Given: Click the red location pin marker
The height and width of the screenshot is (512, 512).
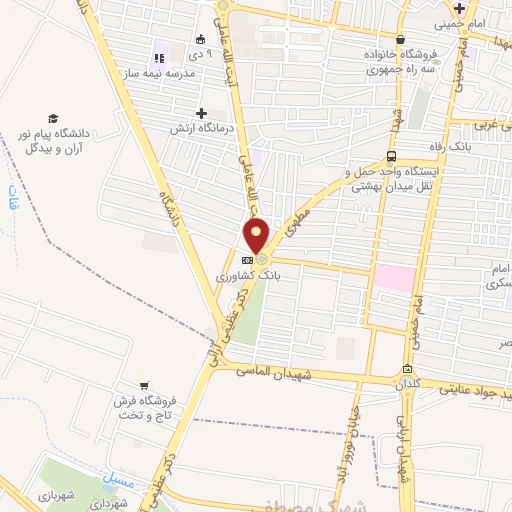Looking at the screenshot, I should (x=257, y=236).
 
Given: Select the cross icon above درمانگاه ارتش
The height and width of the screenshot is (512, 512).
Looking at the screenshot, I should (x=203, y=113).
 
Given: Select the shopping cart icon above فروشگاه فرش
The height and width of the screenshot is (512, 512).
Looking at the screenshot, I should (x=145, y=385).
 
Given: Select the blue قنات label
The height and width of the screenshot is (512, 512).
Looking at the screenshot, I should (x=13, y=198).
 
